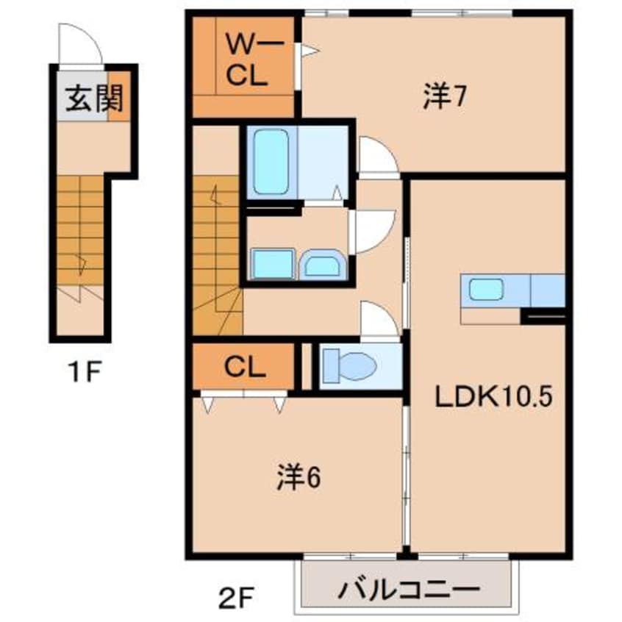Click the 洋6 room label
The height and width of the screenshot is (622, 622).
click(299, 479)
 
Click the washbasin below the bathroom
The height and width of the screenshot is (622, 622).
click(323, 264)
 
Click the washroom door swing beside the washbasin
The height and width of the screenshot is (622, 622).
click(373, 231)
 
